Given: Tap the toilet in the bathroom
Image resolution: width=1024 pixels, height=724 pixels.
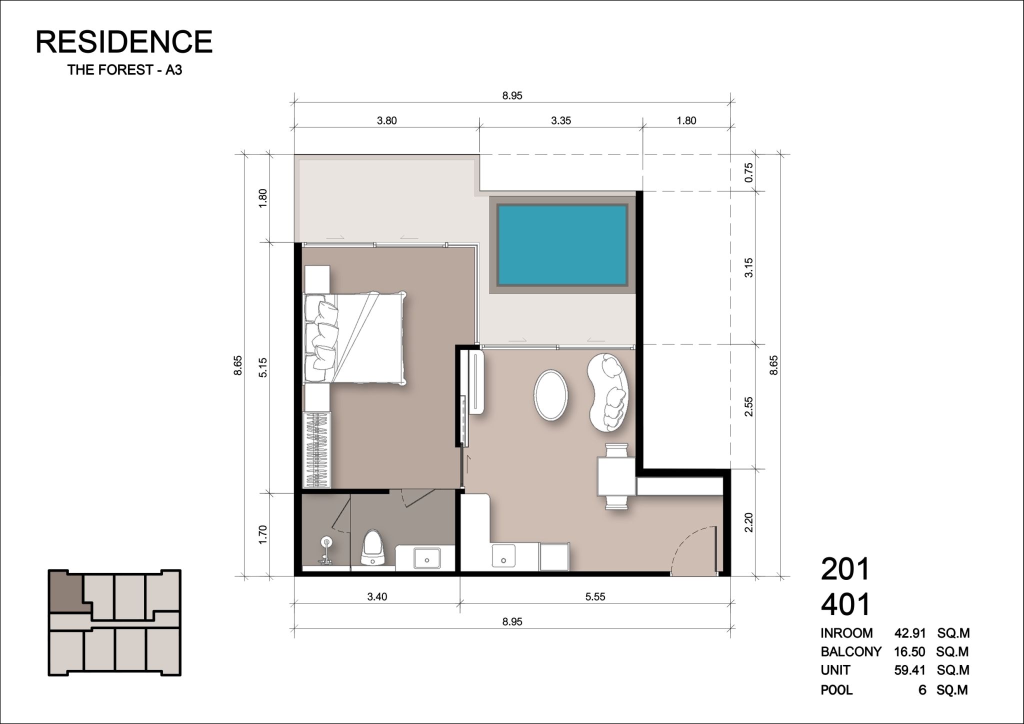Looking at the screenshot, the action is (373, 548).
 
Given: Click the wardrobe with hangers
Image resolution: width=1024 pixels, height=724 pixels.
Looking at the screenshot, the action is (317, 449).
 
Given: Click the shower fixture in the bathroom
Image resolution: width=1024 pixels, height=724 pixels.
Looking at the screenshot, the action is (326, 551).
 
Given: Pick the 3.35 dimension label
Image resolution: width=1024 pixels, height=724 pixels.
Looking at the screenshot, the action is (561, 120).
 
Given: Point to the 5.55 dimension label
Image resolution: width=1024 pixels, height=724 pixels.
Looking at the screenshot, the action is (595, 596).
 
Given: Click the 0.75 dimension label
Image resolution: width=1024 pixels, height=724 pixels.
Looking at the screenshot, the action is (748, 172).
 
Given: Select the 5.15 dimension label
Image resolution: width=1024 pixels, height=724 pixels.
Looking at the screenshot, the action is (263, 367).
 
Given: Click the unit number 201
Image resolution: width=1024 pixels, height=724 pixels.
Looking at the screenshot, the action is (845, 569).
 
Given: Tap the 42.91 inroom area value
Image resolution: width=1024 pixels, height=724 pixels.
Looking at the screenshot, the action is (910, 633).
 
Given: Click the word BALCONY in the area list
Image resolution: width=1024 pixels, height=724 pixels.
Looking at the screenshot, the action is (851, 652).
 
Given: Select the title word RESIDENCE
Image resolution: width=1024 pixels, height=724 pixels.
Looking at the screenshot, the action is (124, 41).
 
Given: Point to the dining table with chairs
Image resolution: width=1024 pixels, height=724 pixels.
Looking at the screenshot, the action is (616, 476).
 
